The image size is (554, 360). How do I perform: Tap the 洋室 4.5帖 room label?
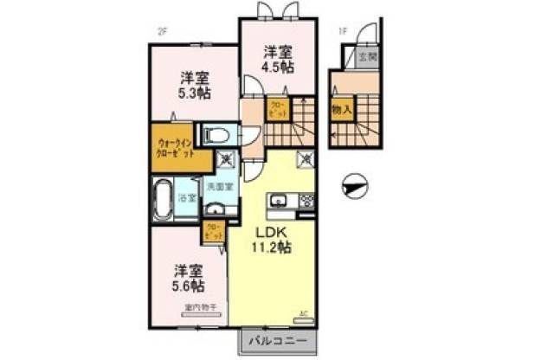point(279,58)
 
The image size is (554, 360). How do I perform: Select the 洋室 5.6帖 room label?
point(187,276)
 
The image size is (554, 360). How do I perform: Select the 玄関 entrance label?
point(367,57)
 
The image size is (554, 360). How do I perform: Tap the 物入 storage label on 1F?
point(341,110)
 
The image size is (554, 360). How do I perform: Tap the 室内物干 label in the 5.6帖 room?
point(199,307)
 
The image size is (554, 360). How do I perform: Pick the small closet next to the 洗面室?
point(214,231)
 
